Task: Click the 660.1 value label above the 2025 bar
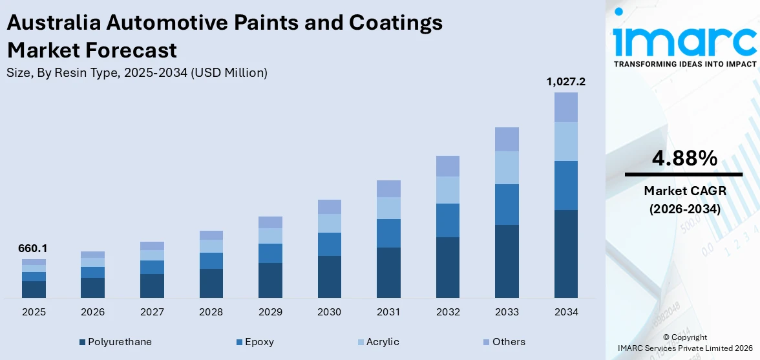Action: (34, 248)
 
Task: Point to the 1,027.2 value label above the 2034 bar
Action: (566, 81)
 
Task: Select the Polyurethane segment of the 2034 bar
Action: (566, 253)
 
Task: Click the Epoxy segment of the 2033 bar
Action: (507, 204)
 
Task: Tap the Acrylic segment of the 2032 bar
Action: (448, 190)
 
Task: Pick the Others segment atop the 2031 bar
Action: (388, 189)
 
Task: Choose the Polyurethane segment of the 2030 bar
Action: (330, 277)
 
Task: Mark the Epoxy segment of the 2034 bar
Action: (566, 185)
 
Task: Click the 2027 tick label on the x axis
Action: (152, 312)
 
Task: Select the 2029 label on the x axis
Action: (270, 312)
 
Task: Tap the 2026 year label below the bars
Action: (93, 312)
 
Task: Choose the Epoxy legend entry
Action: (255, 342)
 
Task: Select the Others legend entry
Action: (503, 342)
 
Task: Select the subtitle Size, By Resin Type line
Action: (137, 73)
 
